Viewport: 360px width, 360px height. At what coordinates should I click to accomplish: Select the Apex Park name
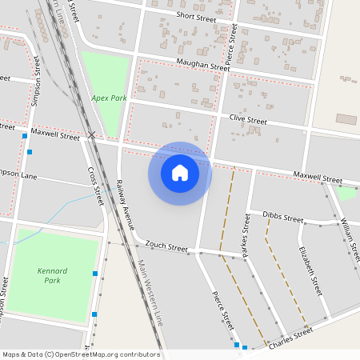point(109,98)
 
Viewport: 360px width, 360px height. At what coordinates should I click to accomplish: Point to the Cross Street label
point(95,185)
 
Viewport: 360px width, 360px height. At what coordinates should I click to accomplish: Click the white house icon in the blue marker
point(180,172)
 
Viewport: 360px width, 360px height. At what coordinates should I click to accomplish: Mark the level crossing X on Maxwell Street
point(93,135)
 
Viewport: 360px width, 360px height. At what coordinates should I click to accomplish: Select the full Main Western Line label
point(150,293)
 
